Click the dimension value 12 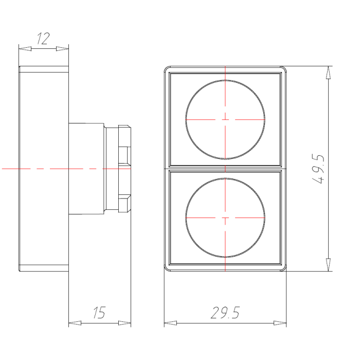click(x=43, y=39)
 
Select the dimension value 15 click(x=99, y=313)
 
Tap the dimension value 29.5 click(x=225, y=313)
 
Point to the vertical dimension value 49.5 click(x=319, y=169)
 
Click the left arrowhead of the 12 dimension click(x=25, y=49)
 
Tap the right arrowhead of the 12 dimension click(x=62, y=49)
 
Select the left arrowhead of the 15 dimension click(x=75, y=323)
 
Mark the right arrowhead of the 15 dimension click(x=124, y=323)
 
